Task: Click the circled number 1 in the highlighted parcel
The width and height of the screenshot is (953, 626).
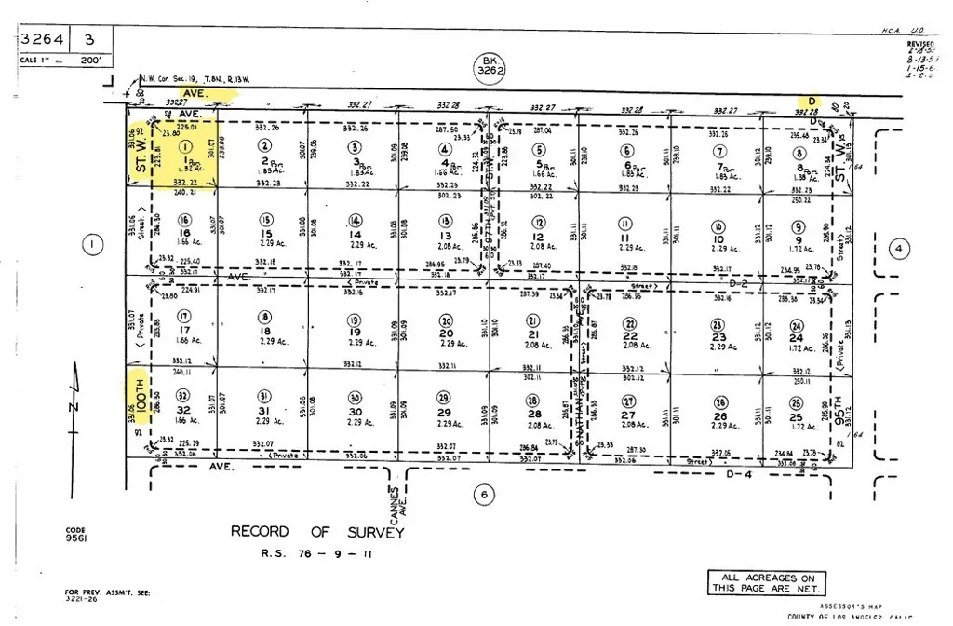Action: tap(186, 146)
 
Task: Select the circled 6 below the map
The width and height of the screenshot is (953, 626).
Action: tap(482, 495)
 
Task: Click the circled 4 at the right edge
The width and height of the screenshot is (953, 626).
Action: tap(897, 249)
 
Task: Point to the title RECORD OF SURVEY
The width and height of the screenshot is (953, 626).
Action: tap(317, 532)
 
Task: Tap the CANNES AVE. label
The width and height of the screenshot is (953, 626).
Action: tap(396, 502)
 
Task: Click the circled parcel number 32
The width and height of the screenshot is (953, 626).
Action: tap(182, 395)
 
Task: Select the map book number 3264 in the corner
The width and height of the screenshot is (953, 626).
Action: tap(41, 40)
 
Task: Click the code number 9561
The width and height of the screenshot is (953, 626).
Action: tap(76, 538)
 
